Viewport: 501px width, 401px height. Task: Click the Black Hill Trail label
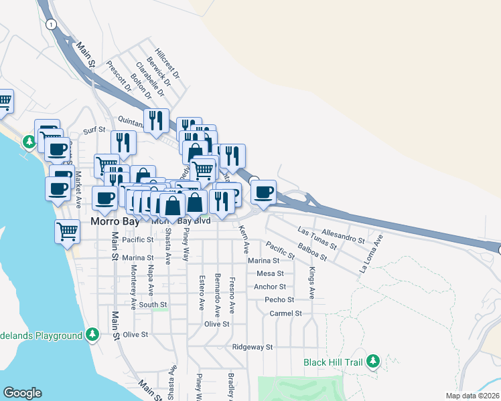332,362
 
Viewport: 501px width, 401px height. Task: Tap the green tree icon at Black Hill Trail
372,362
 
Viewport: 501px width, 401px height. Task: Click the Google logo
22,393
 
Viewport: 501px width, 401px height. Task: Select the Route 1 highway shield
51,23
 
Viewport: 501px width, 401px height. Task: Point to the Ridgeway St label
253,348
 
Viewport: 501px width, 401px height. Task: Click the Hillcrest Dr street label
167,63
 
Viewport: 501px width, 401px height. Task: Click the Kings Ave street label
311,283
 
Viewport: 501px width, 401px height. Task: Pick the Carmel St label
286,313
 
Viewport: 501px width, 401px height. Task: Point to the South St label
153,305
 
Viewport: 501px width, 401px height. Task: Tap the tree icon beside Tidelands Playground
92,334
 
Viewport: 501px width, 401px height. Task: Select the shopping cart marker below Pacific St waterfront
67,232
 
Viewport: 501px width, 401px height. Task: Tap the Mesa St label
270,273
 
